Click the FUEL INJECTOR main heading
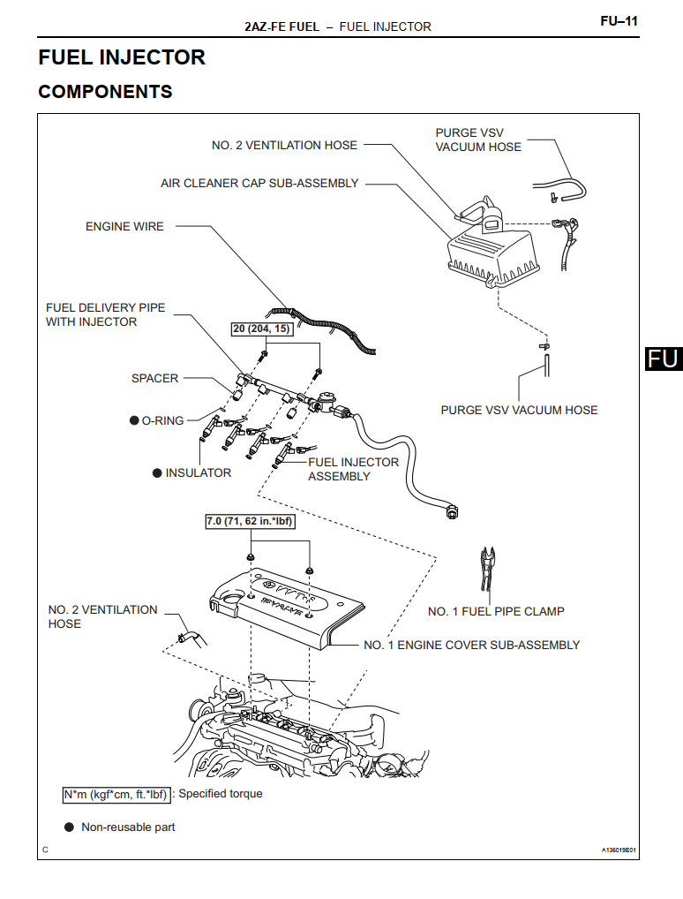(122, 57)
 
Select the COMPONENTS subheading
(105, 92)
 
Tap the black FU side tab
(663, 358)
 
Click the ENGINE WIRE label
(124, 226)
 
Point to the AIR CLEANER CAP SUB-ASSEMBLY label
(259, 184)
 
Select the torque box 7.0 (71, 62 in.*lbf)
(250, 522)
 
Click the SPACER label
(154, 378)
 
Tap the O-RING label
(162, 420)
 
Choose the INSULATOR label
(198, 473)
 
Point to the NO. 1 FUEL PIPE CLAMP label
(496, 611)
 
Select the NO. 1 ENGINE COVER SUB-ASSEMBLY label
(471, 645)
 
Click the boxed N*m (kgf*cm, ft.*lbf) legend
(116, 794)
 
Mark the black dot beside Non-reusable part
(69, 827)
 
